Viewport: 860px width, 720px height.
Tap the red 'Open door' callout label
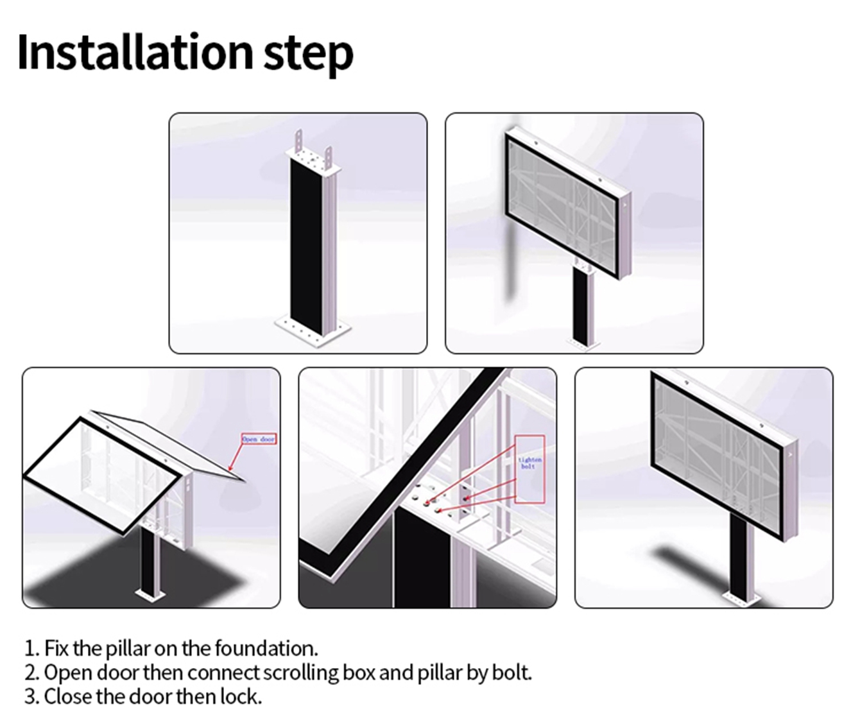pyautogui.click(x=259, y=439)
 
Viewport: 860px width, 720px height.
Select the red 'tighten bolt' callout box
pyautogui.click(x=530, y=468)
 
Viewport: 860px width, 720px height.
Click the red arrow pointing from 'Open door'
pyautogui.click(x=236, y=458)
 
